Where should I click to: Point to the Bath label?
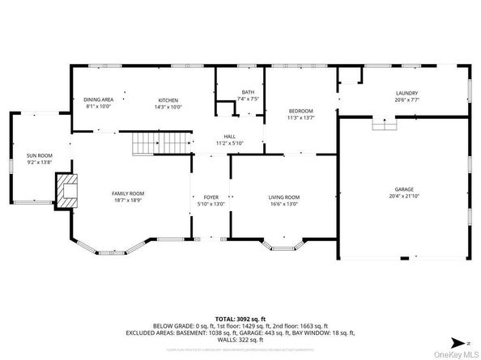click(x=247, y=93)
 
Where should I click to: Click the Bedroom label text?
click(x=300, y=110)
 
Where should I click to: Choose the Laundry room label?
click(x=407, y=93)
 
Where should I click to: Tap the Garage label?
click(x=404, y=189)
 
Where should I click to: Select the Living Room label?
click(x=284, y=197)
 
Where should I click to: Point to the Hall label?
click(x=230, y=136)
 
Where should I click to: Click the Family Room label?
click(x=128, y=193)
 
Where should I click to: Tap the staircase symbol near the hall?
click(x=159, y=146)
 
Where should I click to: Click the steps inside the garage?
click(x=383, y=124)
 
